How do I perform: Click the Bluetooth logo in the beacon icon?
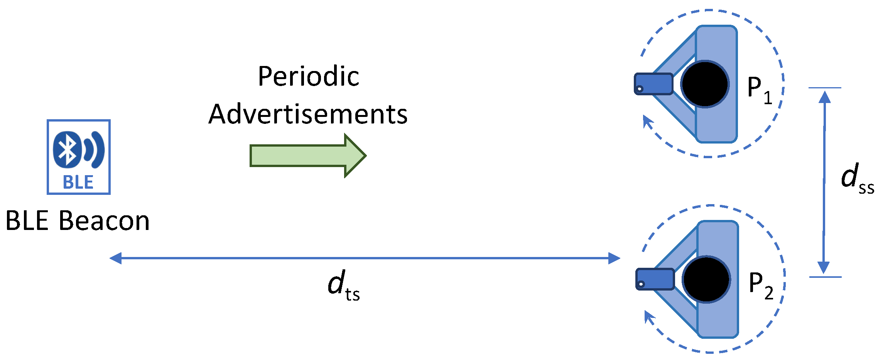(x=68, y=150)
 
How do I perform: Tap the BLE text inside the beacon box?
(x=78, y=183)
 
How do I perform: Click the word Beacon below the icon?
(x=104, y=221)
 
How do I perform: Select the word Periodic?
(x=309, y=76)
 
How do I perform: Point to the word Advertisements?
(x=308, y=115)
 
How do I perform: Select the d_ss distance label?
(x=857, y=178)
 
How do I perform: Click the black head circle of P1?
(x=705, y=84)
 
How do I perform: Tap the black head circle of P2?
(x=706, y=279)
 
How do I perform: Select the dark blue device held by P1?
(x=653, y=84)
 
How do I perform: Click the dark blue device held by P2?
(x=655, y=279)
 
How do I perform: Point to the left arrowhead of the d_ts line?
(x=115, y=258)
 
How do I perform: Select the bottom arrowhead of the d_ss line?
(x=824, y=267)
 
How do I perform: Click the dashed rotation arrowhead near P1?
(x=647, y=122)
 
